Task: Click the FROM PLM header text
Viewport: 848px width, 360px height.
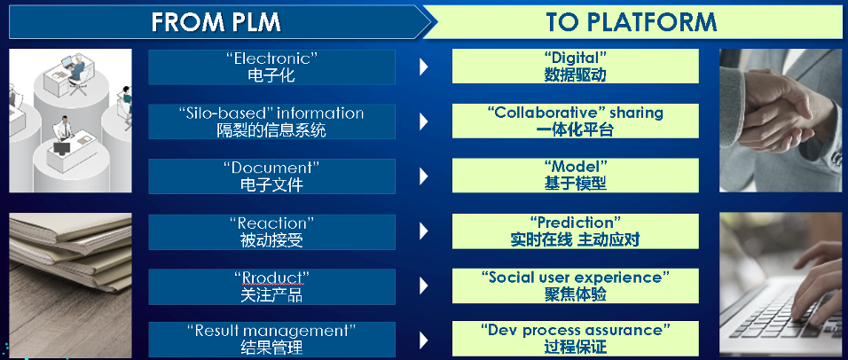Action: [216, 22]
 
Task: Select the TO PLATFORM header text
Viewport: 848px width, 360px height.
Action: [632, 22]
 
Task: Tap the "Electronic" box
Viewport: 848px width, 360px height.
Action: [271, 67]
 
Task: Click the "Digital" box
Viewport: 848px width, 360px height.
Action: [576, 66]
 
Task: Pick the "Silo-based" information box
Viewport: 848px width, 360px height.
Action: [271, 121]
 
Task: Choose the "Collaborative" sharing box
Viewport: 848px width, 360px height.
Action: [576, 121]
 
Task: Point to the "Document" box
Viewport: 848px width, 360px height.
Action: [271, 176]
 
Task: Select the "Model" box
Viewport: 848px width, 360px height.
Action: [576, 176]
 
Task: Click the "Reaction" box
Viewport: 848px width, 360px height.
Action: [271, 232]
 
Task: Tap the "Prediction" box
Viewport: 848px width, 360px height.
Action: [576, 231]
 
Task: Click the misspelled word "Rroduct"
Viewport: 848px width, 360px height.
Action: [272, 278]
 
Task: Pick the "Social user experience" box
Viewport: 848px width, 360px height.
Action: [576, 286]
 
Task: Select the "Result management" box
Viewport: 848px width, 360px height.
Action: [271, 340]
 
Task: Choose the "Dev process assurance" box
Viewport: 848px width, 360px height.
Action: [576, 339]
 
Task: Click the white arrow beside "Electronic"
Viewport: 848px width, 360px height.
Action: [423, 67]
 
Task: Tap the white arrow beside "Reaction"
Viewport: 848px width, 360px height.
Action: [423, 231]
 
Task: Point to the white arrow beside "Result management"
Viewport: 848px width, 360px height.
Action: [423, 340]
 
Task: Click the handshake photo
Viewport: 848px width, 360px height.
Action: [781, 121]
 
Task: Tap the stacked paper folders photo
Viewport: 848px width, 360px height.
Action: [70, 286]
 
